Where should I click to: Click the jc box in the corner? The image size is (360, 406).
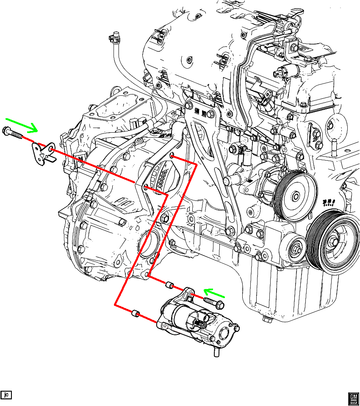[x=6, y=395]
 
